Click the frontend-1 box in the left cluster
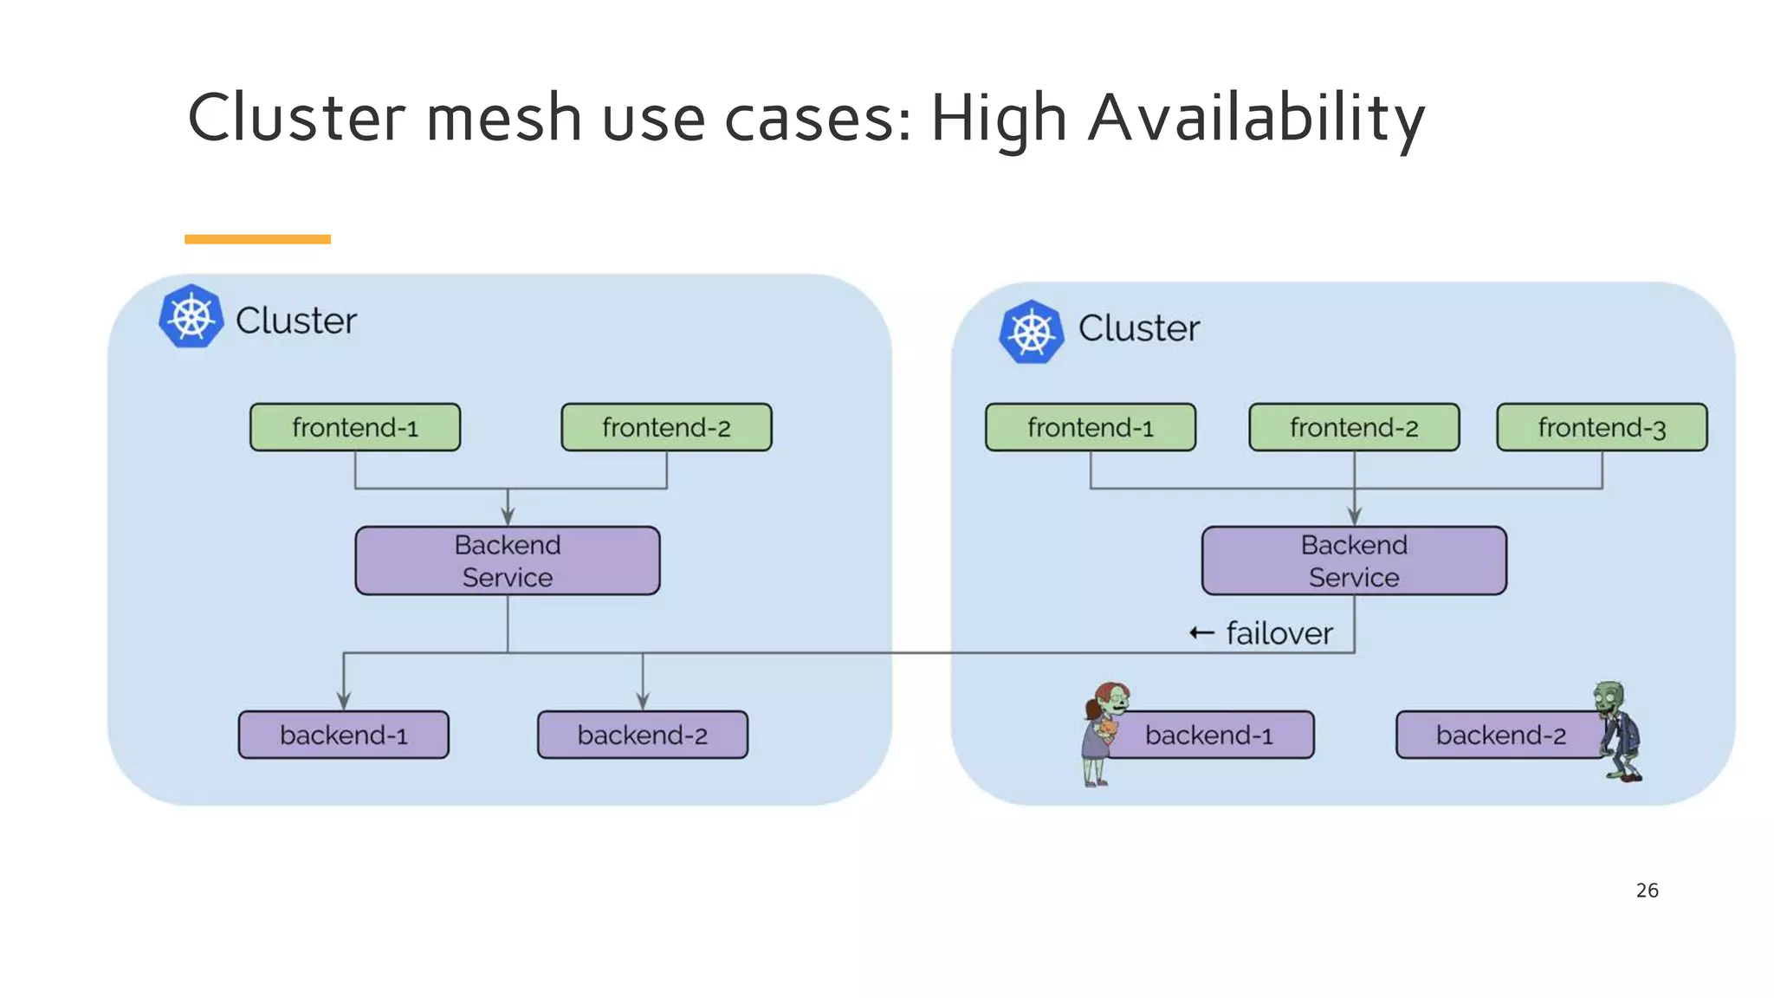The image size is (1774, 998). (355, 427)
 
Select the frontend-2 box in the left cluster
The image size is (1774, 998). (666, 427)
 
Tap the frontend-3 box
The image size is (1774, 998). (1602, 427)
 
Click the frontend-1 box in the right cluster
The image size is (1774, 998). (1091, 427)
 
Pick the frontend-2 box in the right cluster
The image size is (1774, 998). (1354, 427)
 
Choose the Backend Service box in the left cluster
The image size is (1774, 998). (508, 561)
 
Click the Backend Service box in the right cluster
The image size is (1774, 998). (1354, 561)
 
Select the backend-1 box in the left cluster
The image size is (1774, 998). (344, 735)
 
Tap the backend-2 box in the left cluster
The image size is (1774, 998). (643, 735)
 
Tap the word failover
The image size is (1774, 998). (1279, 633)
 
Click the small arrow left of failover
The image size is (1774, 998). (1201, 633)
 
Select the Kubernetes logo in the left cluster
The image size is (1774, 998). (191, 317)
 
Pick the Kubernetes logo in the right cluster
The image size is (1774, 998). (1032, 332)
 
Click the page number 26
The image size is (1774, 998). (1647, 891)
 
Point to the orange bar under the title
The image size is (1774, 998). (257, 239)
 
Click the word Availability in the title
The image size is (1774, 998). (1256, 119)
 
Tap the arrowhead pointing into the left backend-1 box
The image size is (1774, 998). (344, 701)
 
